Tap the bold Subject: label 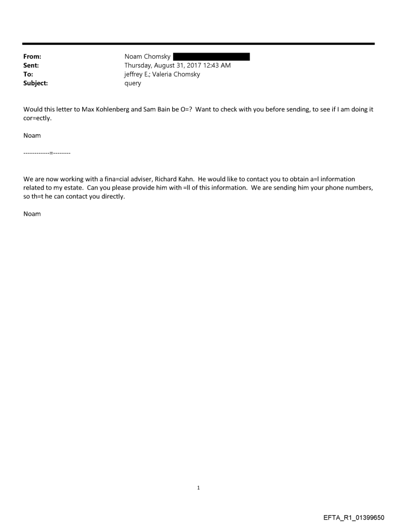(35, 83)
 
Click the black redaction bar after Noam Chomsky (211, 57)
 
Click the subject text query (133, 83)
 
